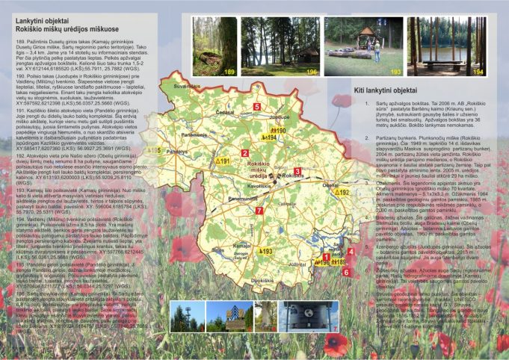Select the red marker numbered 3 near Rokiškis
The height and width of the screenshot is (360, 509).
(297, 172)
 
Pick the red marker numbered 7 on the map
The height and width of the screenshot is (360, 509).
(259, 211)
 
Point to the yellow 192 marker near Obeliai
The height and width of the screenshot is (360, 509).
(341, 193)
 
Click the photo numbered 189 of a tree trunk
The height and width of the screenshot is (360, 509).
(214, 46)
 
